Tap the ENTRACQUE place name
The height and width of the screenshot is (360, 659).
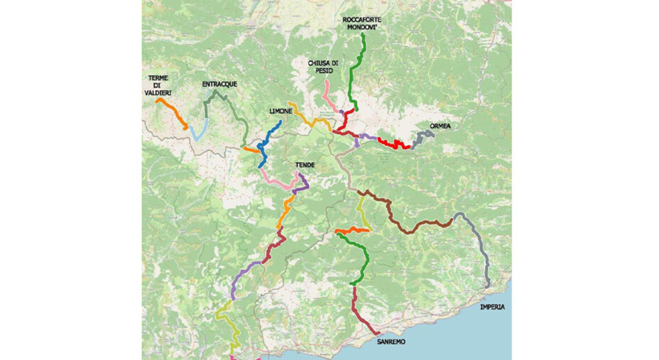point(219,84)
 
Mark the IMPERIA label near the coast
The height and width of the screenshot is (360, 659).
point(494,307)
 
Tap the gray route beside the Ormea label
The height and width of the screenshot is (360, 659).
point(423,136)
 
